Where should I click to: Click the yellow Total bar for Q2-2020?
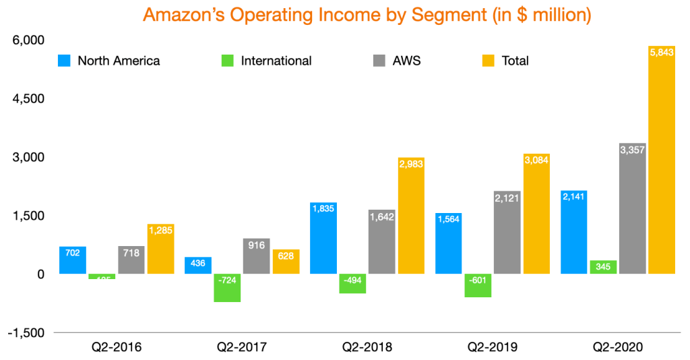tap(662, 162)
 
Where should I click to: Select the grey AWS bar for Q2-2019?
tap(507, 233)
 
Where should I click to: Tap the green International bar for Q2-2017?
tap(227, 288)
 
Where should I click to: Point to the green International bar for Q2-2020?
tap(602, 267)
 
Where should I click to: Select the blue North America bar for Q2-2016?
tap(73, 260)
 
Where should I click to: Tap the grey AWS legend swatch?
tap(379, 61)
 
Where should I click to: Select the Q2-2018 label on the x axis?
tap(367, 349)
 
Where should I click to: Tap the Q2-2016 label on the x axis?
tap(117, 349)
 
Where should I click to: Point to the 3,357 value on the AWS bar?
tap(632, 150)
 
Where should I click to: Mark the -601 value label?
tap(477, 282)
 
